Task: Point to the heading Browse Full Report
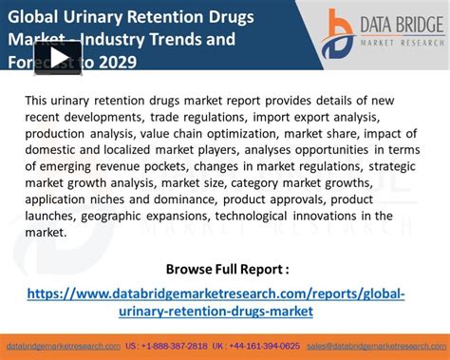(227, 269)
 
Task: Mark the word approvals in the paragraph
(300, 199)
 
